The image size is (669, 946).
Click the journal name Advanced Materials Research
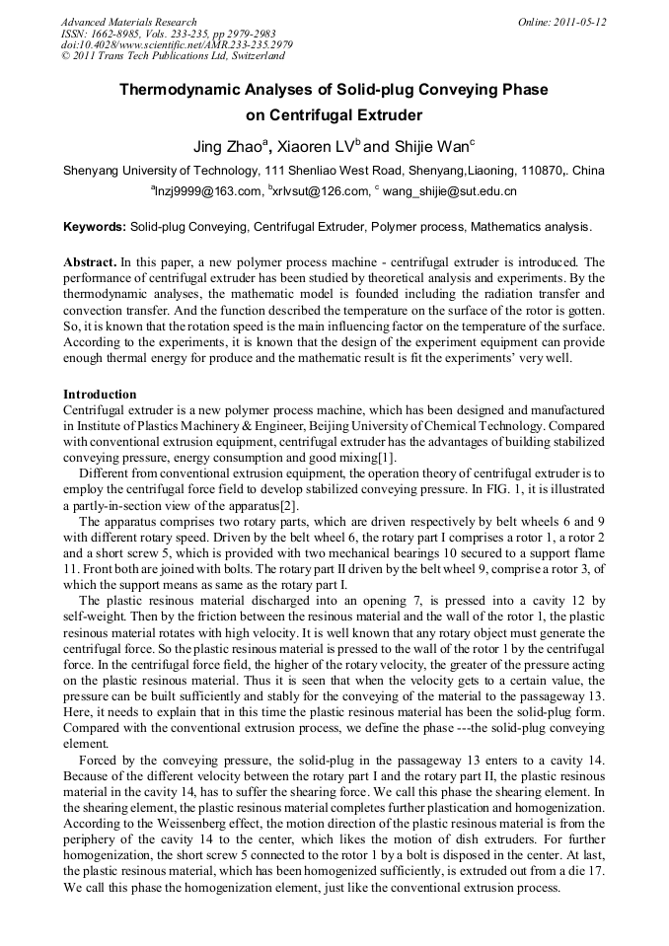coord(128,22)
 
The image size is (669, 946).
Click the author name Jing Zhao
coord(230,147)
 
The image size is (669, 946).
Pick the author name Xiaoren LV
coord(316,147)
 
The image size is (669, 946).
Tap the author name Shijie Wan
coord(427,147)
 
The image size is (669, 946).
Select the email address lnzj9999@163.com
coord(206,191)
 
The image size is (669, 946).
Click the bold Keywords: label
coord(95,227)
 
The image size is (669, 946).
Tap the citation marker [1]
coord(388,458)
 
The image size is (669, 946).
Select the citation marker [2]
coord(289,505)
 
